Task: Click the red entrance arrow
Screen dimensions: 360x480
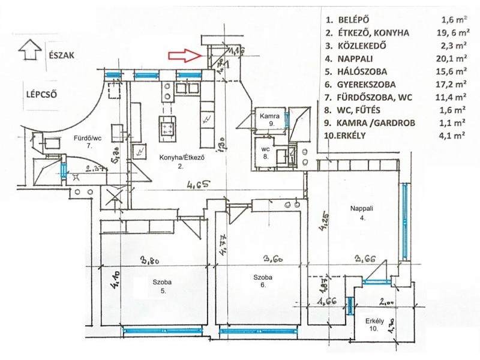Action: (x=184, y=56)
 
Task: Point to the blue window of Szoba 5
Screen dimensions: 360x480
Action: (x=161, y=329)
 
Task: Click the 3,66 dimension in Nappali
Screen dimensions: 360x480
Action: (x=365, y=260)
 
